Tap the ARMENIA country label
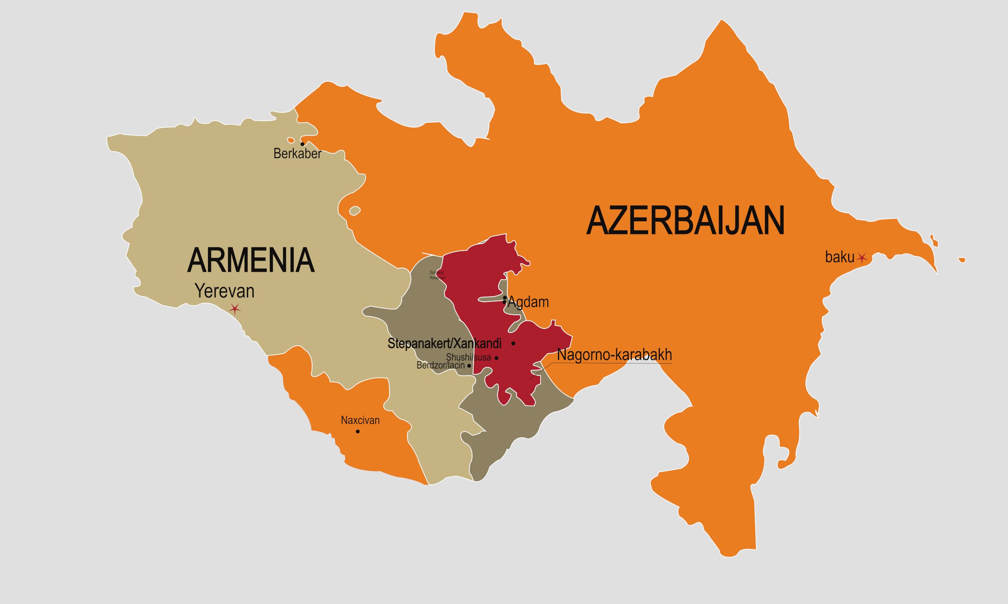251,260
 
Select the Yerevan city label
224,291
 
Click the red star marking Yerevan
235,309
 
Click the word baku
839,257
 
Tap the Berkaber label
297,154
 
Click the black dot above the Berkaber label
302,144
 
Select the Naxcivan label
360,420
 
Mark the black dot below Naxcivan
358,431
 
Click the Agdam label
528,302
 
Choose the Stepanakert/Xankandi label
445,344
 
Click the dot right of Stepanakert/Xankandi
513,344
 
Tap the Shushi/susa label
469,357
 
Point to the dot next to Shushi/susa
496,358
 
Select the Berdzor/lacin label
441,365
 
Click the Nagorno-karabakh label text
614,355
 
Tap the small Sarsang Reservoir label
437,275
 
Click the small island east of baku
962,260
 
